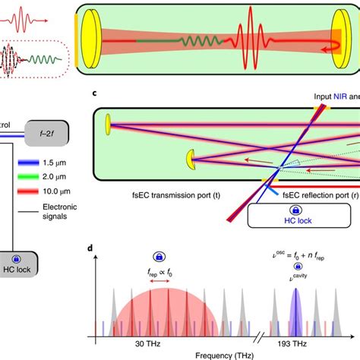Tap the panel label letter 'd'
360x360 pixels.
coord(93,248)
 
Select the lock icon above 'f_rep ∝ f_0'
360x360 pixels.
coord(159,257)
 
